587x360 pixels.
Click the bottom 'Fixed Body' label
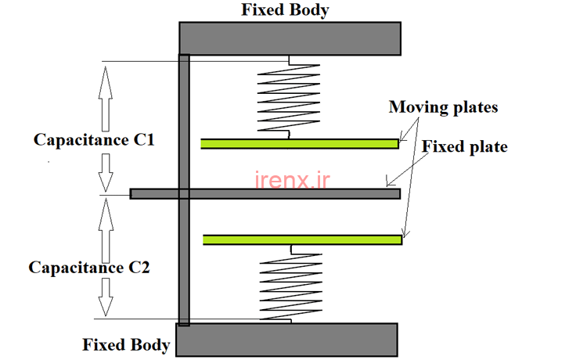(x=126, y=344)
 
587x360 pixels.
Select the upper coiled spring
(x=289, y=97)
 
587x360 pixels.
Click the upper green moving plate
(x=300, y=143)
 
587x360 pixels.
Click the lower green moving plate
(x=302, y=239)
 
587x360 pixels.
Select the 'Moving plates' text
(x=443, y=107)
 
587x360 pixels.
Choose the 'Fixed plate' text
(x=465, y=146)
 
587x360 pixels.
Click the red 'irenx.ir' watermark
(x=293, y=181)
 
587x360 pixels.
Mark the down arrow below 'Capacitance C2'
(x=105, y=297)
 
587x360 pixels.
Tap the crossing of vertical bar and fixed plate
(x=184, y=193)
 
